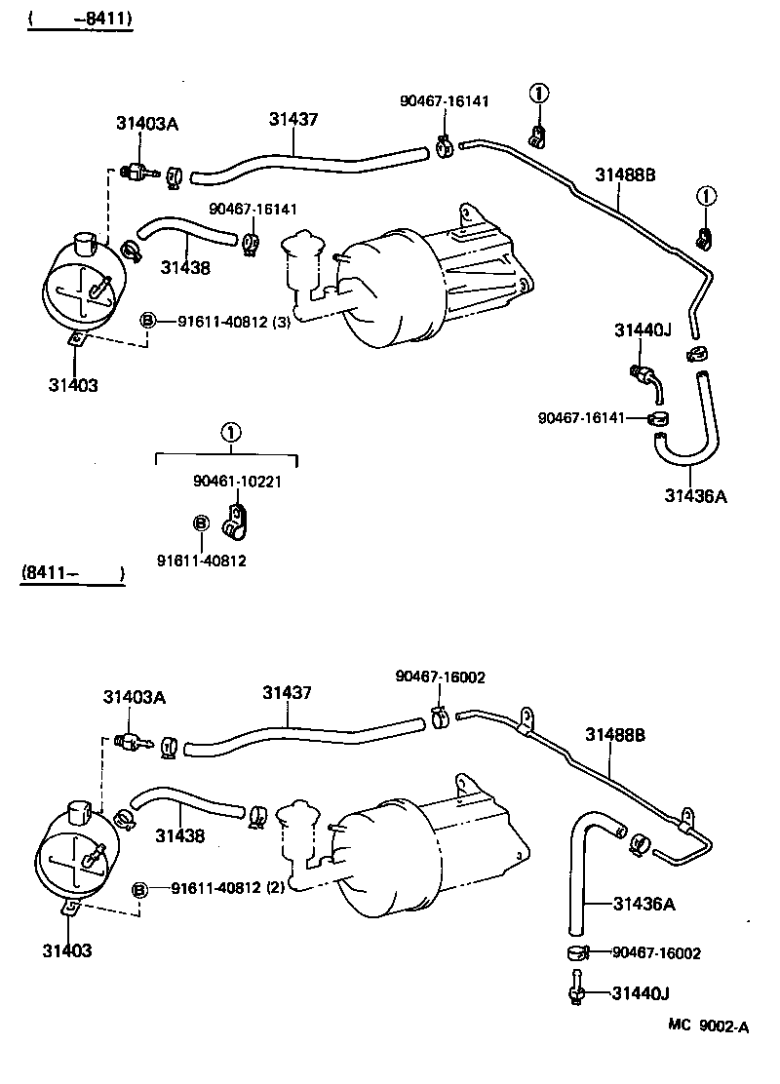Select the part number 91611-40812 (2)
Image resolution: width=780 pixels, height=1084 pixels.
point(227,888)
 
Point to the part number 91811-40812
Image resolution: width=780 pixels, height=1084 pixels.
point(201,560)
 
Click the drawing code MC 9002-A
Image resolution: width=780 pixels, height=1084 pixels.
point(709,1025)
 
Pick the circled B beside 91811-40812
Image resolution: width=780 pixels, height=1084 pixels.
point(201,524)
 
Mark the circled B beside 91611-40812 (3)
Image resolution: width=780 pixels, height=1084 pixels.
point(148,321)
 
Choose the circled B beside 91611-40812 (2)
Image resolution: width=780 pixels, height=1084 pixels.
point(140,888)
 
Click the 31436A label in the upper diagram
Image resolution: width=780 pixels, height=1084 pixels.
point(696,495)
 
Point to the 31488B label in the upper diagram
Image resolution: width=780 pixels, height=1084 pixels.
point(625,174)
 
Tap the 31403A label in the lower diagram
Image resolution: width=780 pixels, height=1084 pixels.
point(135,697)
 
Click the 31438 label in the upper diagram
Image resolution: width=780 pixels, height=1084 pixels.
point(185,267)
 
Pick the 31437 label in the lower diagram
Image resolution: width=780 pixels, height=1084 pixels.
point(287,693)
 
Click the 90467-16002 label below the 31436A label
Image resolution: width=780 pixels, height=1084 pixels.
point(656,952)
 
